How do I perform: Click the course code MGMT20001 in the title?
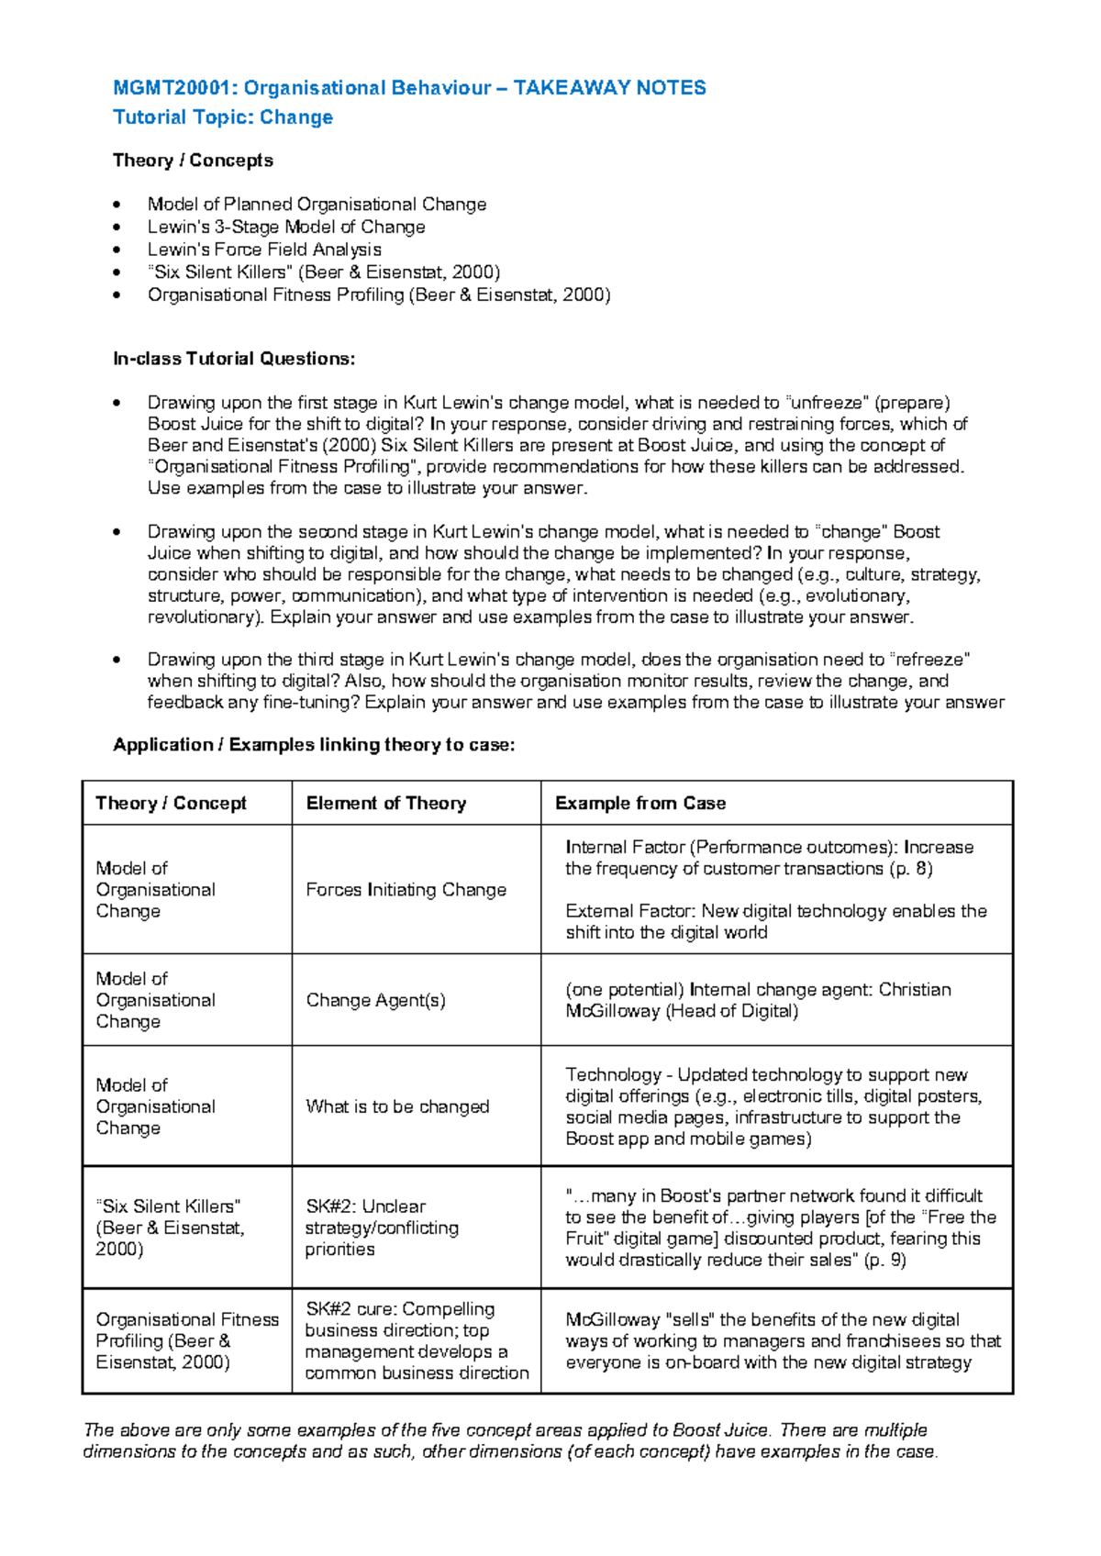click(171, 88)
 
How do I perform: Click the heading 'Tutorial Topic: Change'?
click(222, 117)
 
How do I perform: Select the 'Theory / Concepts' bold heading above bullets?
click(193, 161)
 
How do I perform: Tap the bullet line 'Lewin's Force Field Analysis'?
click(264, 250)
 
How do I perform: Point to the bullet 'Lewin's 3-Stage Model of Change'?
click(286, 227)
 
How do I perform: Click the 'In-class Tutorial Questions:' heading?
click(233, 359)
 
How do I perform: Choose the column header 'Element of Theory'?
click(386, 804)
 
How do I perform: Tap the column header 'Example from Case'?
click(640, 804)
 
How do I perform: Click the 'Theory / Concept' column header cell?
click(172, 804)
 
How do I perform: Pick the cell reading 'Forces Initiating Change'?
click(406, 890)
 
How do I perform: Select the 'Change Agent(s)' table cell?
click(375, 1000)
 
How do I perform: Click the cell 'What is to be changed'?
click(397, 1106)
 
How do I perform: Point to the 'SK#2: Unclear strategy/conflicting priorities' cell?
click(382, 1228)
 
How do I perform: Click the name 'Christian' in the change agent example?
click(914, 990)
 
